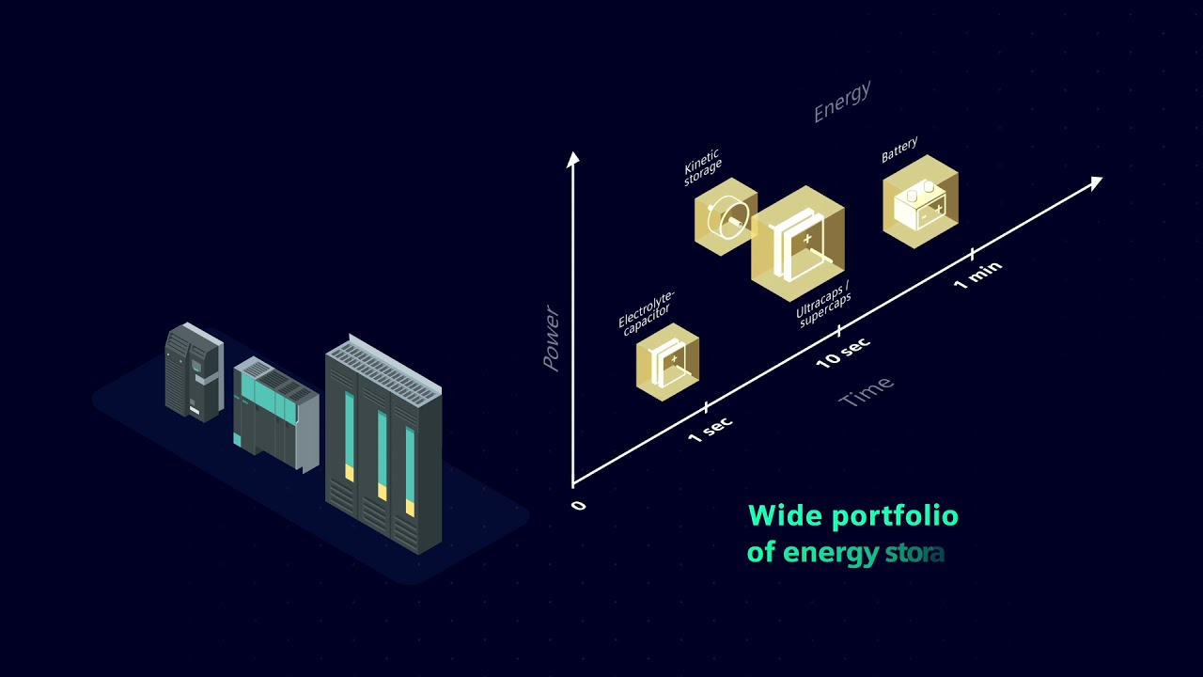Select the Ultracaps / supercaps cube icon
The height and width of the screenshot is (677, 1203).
point(798,243)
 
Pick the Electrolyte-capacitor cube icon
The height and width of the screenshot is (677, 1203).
point(667,362)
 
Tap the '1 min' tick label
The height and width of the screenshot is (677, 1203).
point(978,275)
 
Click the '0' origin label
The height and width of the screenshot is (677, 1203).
point(578,506)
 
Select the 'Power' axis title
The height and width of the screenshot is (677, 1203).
point(551,339)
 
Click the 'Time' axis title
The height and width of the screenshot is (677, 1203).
point(866,392)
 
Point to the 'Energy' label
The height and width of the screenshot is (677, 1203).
point(842,102)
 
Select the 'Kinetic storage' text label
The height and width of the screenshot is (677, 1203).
point(702,165)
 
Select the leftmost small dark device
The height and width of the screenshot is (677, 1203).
point(193,371)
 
